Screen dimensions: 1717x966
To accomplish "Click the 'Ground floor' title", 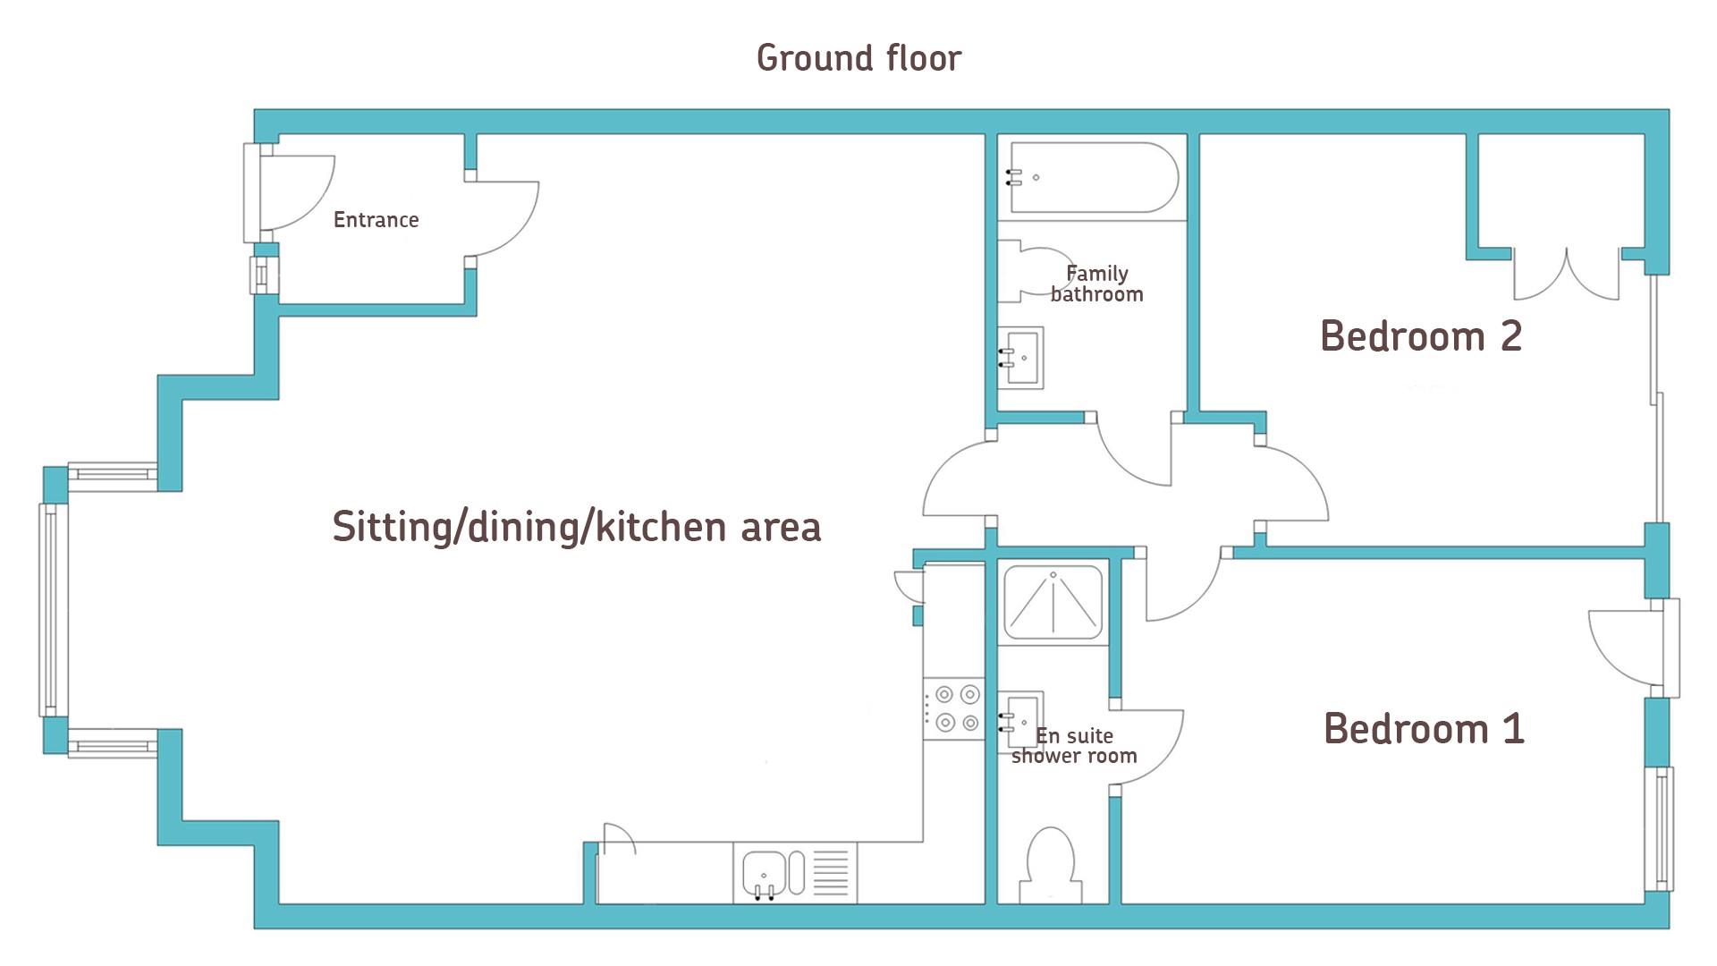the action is point(858,59).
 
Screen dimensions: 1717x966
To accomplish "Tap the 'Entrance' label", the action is point(376,220).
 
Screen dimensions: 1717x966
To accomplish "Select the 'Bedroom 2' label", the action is point(1421,336).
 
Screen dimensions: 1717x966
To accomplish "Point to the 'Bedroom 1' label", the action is point(1424,728).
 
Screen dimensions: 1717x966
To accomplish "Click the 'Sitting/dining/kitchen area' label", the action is point(577,527).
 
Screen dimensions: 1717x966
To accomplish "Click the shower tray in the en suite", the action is point(1053,601).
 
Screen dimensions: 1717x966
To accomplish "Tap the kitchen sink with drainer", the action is point(795,873).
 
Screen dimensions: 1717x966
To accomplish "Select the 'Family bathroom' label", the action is point(1096,284).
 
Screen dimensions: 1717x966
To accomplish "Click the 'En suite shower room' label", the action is point(1074,746).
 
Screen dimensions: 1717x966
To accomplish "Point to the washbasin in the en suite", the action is point(1020,718).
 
